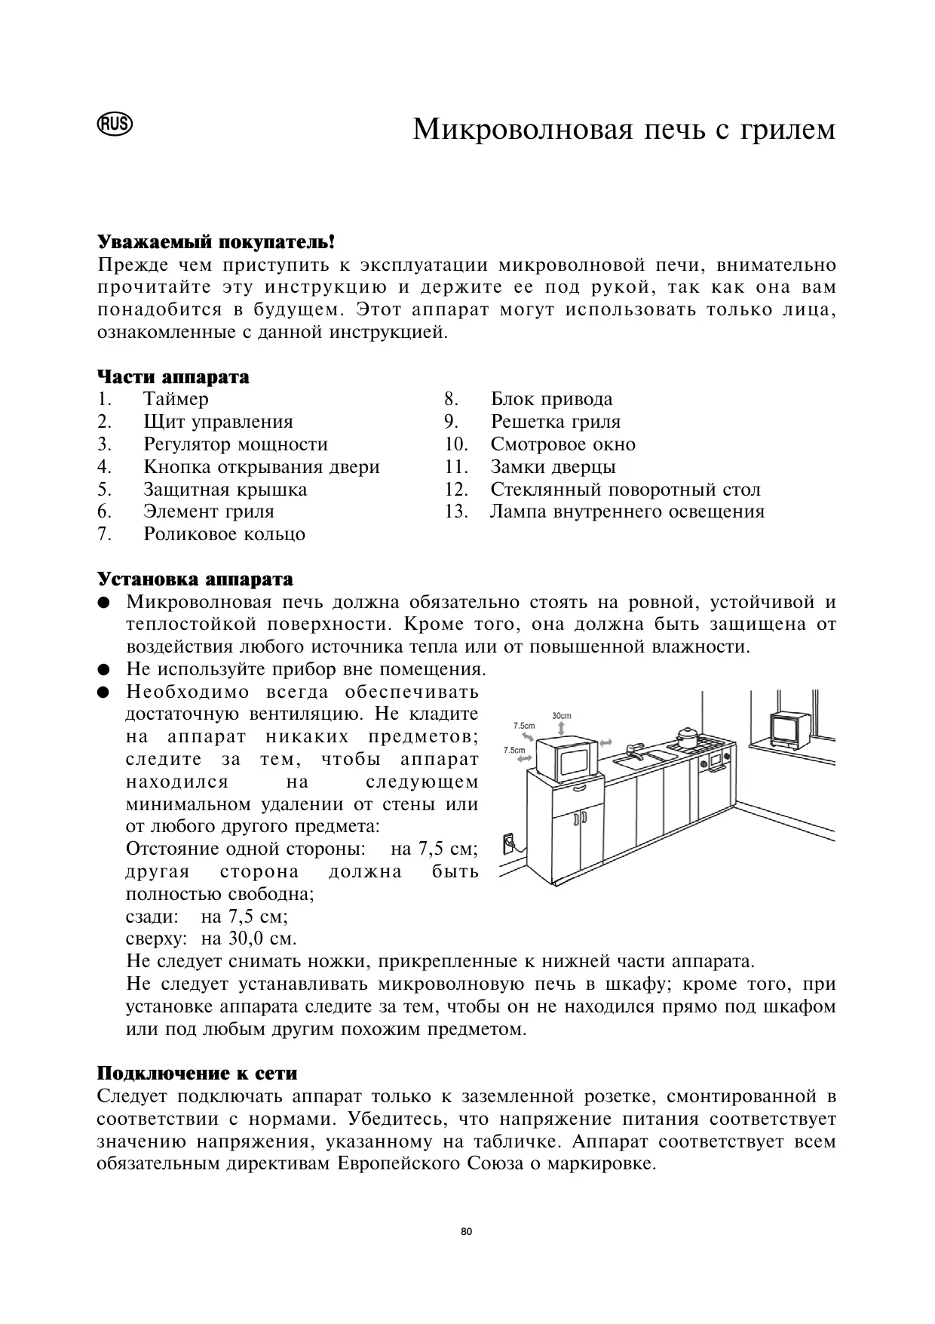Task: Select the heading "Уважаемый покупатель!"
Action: click(216, 243)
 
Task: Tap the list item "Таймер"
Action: click(176, 399)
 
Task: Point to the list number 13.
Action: click(457, 511)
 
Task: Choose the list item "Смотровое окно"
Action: click(563, 444)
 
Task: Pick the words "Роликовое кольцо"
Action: click(224, 534)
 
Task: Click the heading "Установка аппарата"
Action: click(195, 579)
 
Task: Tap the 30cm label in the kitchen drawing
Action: click(562, 715)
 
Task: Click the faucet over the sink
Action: click(634, 748)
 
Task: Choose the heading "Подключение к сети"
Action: click(197, 1073)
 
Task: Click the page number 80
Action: click(466, 1232)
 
